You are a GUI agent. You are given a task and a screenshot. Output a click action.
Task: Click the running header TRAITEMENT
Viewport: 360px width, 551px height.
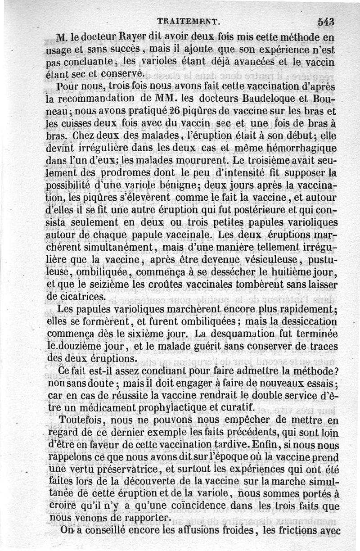tap(188, 20)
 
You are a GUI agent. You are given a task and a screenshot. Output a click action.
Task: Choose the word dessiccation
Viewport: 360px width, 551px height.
tap(304, 323)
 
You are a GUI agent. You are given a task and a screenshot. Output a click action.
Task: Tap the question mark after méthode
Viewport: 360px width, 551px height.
tap(337, 372)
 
